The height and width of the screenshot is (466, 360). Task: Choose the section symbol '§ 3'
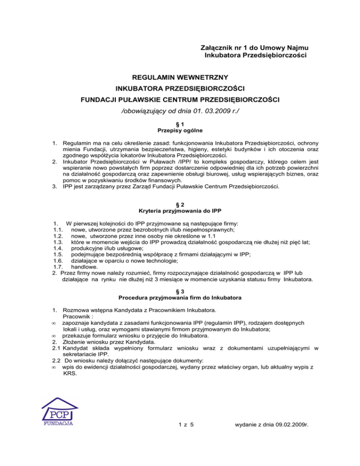coord(180,290)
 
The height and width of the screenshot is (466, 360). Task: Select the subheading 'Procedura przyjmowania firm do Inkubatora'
coord(180,297)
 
